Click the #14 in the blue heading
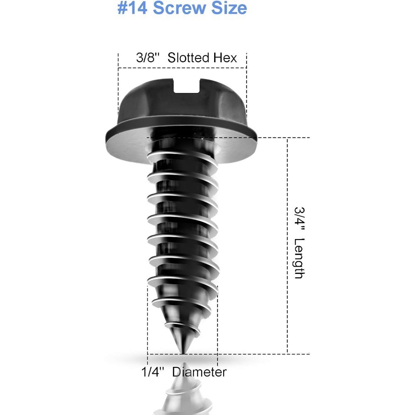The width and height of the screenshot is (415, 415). tap(132, 7)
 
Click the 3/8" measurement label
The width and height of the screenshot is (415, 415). tap(148, 57)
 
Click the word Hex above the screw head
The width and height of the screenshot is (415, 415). tap(225, 58)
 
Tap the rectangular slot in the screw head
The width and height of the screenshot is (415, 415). tap(186, 85)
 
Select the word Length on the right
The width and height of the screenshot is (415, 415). tap(299, 258)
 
